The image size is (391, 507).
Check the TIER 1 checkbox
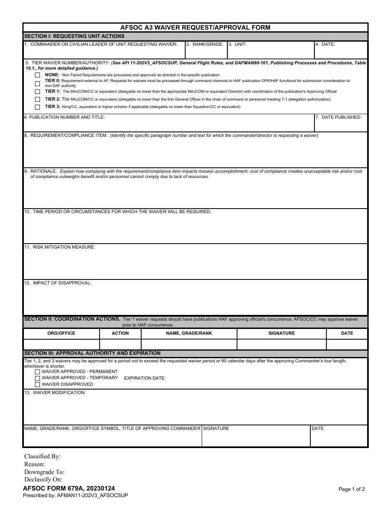coord(37,92)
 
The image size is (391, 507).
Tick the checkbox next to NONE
coord(37,75)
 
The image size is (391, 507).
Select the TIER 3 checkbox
coord(37,107)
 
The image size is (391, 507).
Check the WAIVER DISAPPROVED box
coord(37,385)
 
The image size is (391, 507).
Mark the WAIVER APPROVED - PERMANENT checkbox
coord(37,372)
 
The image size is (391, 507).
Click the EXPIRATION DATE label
coord(145,378)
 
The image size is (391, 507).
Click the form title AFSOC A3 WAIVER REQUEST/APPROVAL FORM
coord(195,28)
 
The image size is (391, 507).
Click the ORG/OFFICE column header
coord(61,333)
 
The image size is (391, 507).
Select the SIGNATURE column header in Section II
coord(282,333)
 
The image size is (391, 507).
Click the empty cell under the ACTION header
coord(120,344)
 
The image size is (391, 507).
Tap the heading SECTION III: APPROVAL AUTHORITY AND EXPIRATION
coord(92,353)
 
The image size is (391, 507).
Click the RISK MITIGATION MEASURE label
coord(60,247)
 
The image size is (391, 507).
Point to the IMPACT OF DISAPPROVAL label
coord(58,283)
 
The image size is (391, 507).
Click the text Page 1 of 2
coord(351,489)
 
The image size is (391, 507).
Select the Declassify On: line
coord(43,479)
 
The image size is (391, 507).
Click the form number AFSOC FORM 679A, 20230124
coord(69,488)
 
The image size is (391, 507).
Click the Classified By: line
coord(42,456)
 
